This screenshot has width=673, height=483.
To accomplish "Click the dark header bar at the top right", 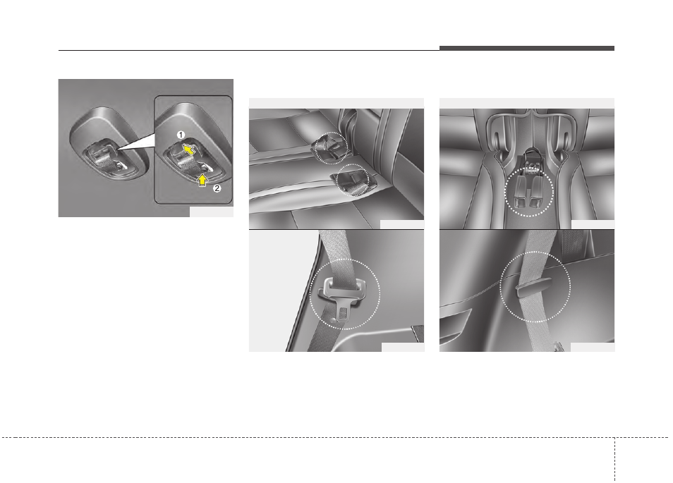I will coord(526,48).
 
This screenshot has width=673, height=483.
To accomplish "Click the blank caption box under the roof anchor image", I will coord(211,212).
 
